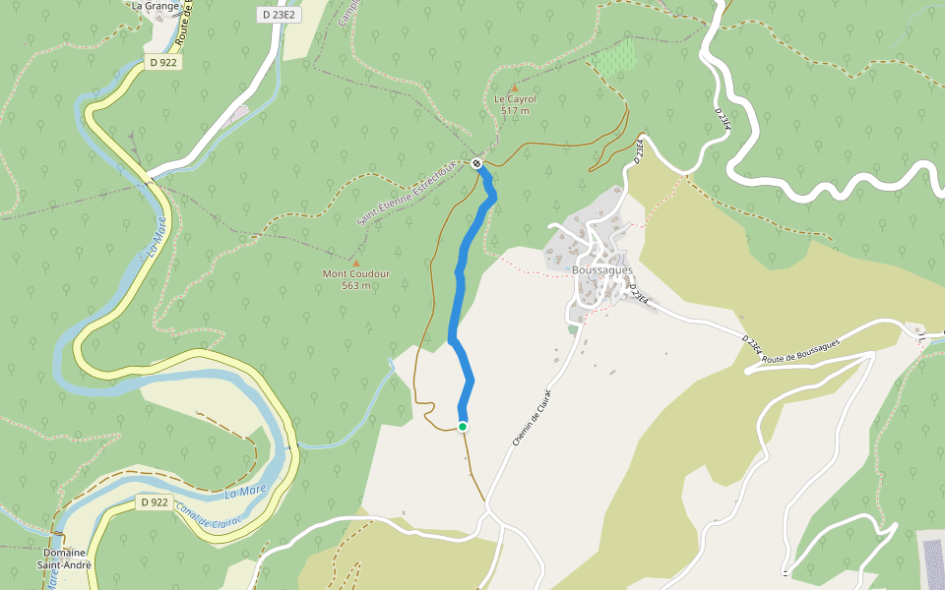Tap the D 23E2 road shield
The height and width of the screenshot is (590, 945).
click(x=280, y=15)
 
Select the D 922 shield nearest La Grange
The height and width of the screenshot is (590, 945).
click(x=162, y=62)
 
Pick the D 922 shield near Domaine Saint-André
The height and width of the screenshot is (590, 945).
click(x=154, y=502)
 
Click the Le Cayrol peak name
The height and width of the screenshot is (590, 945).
click(x=515, y=99)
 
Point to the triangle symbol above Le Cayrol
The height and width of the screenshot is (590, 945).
click(x=514, y=88)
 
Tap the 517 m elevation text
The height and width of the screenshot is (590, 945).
click(x=515, y=111)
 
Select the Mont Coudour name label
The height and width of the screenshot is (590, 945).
click(x=356, y=273)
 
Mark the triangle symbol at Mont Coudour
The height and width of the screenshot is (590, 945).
click(x=355, y=263)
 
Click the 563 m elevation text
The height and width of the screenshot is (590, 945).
click(x=356, y=285)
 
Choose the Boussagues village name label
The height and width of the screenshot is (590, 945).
click(x=601, y=269)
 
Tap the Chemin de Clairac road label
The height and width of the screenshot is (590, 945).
click(x=532, y=418)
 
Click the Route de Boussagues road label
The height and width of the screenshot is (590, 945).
click(x=800, y=350)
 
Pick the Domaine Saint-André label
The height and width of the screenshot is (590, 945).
click(x=64, y=560)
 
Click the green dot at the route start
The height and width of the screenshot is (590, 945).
click(x=463, y=426)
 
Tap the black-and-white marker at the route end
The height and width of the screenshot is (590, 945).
click(x=476, y=163)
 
